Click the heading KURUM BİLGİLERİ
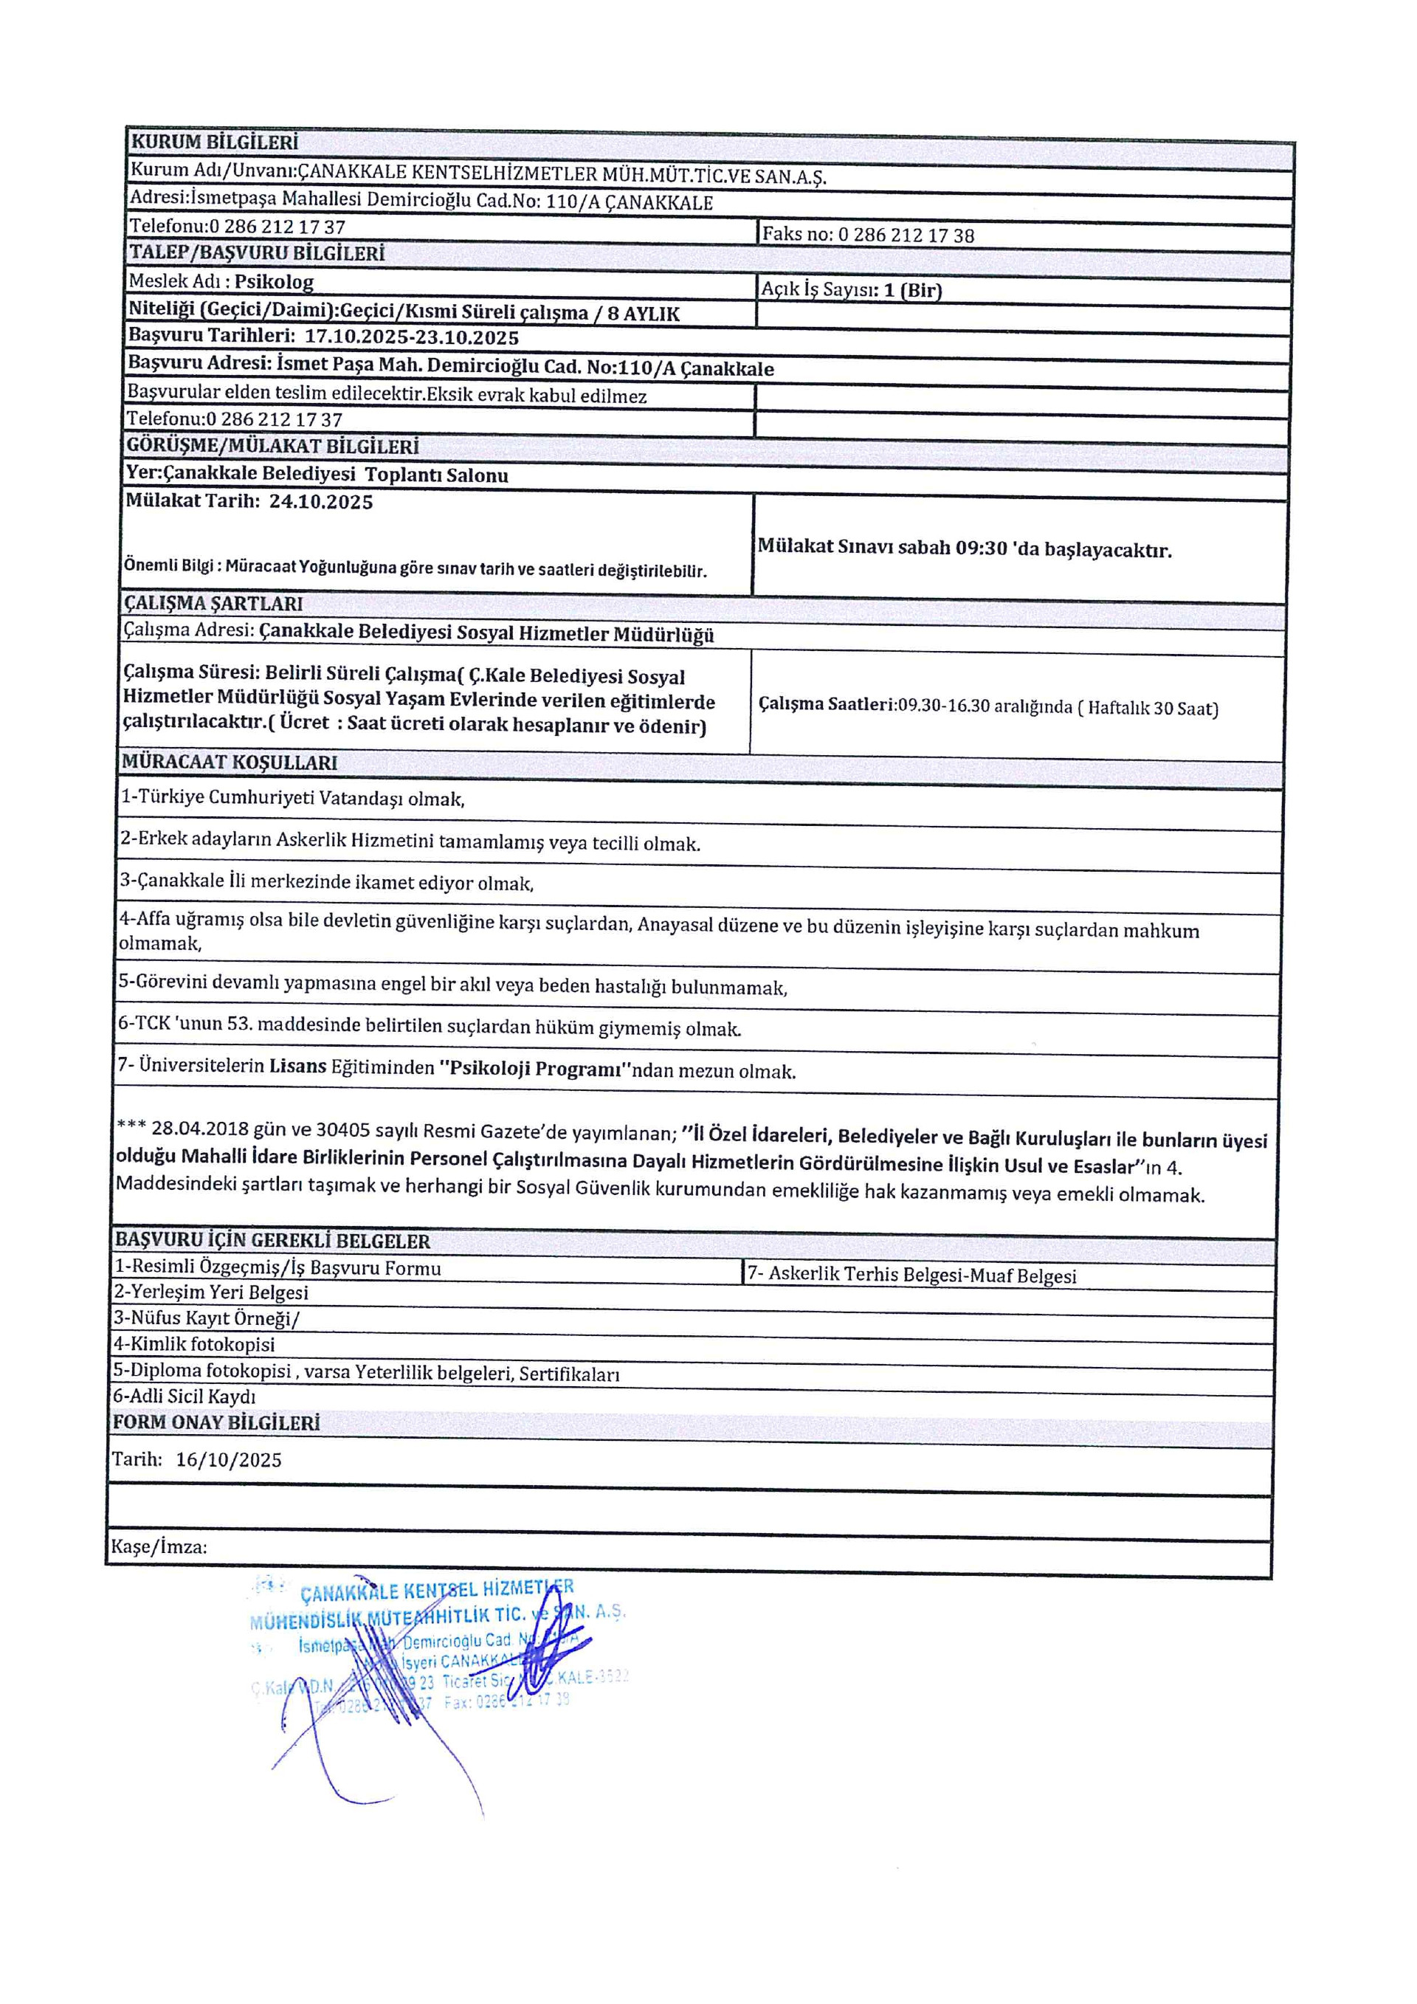(214, 142)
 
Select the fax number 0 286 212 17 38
(906, 235)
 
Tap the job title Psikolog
(274, 282)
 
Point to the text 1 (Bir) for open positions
(913, 291)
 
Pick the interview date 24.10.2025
(320, 502)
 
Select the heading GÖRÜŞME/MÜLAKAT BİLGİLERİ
(272, 447)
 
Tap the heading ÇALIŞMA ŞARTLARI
(213, 603)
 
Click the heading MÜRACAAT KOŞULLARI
(230, 762)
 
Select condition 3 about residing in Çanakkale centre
(326, 881)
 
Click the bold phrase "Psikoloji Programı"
(535, 1070)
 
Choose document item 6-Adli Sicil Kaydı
(184, 1397)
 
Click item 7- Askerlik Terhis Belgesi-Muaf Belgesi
(911, 1275)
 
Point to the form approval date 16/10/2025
(229, 1460)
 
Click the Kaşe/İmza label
(159, 1548)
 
